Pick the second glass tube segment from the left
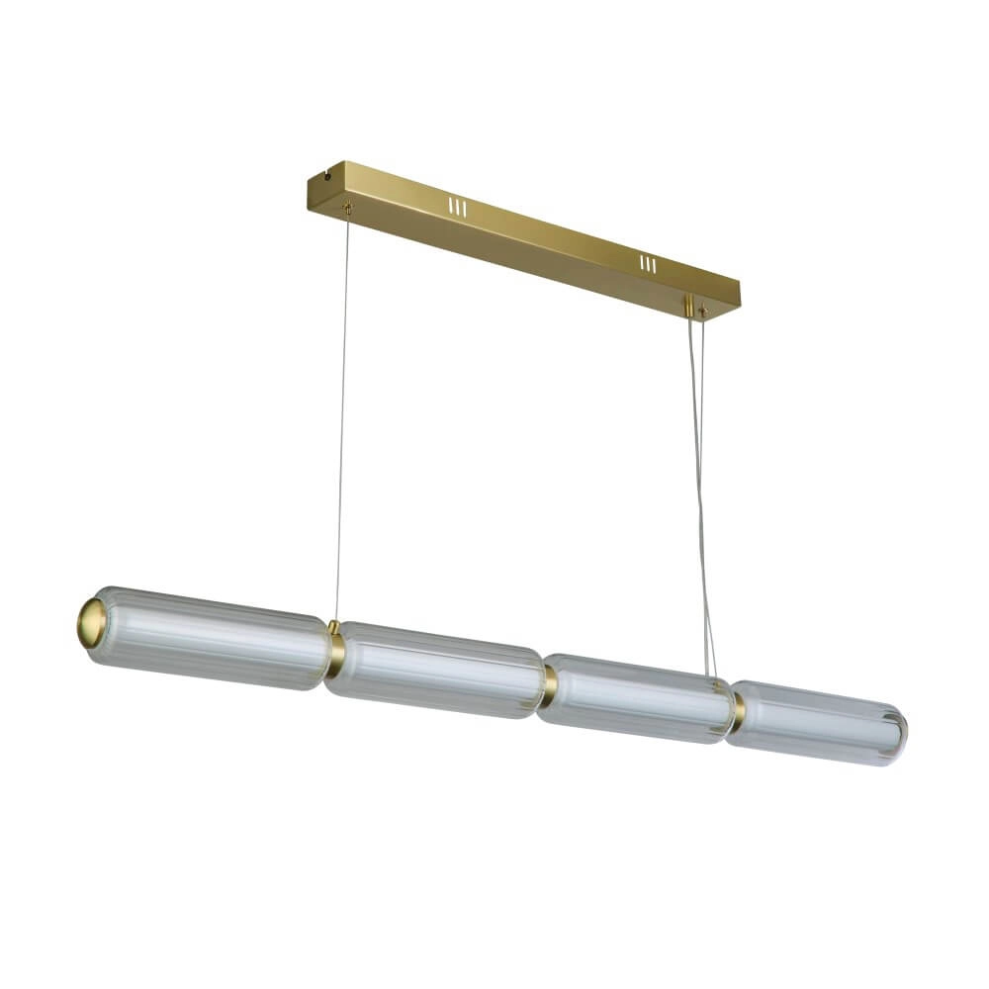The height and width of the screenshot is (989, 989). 435,670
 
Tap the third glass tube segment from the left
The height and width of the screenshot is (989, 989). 638,697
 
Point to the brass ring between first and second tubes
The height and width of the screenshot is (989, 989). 336,654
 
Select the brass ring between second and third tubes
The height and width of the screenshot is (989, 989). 549,685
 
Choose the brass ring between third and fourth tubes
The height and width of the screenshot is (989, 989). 738,710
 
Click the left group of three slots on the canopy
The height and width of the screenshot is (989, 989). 456,208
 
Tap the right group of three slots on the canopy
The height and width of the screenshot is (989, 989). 648,264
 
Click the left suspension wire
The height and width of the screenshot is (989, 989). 341,415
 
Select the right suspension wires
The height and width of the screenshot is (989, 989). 700,494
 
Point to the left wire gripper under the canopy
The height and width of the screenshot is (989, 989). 346,208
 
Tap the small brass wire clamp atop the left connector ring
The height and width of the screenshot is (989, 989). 334,627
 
